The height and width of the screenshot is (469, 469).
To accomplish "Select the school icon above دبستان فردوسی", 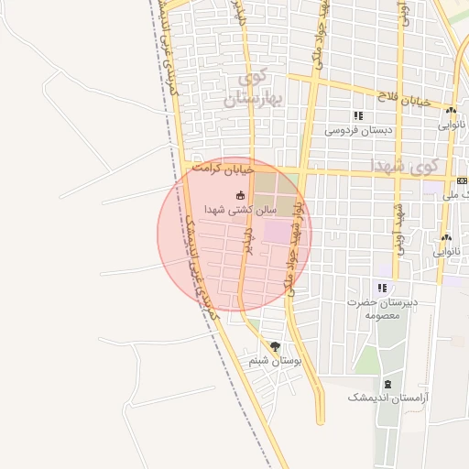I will [357, 116].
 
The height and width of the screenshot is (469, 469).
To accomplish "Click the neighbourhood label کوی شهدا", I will [406, 165].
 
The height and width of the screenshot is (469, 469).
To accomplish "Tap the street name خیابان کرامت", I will [219, 169].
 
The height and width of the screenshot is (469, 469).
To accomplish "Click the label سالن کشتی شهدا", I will [210, 209].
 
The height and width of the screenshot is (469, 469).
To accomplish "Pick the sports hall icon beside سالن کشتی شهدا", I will [240, 194].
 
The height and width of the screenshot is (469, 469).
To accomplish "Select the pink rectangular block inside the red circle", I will [275, 231].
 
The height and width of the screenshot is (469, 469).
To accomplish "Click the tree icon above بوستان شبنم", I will [275, 346].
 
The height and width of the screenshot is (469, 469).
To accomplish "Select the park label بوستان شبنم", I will [275, 361].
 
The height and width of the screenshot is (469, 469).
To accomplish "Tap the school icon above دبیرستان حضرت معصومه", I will [381, 287].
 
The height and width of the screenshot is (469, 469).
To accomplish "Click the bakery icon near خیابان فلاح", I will [451, 110].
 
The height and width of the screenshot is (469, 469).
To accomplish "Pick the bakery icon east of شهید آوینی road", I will [445, 238].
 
